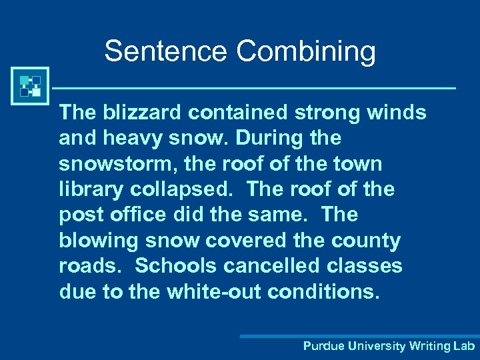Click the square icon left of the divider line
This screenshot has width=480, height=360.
tap(30, 86)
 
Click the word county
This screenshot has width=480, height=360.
tap(368, 241)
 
